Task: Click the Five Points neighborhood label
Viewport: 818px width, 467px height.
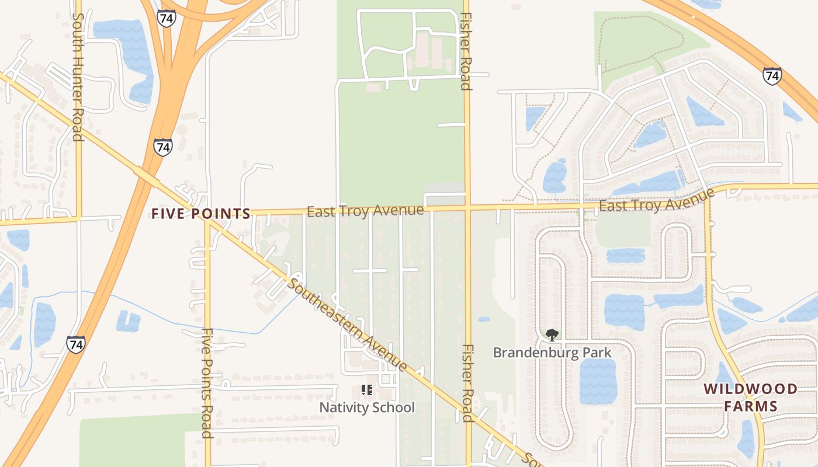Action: tap(201, 214)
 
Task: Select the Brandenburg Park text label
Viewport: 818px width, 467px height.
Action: tap(552, 353)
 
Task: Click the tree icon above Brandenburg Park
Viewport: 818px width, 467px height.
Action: tap(552, 334)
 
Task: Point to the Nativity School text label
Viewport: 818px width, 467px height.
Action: tap(367, 407)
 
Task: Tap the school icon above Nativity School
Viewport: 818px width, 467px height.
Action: tap(367, 389)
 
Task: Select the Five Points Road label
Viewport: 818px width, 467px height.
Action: tap(206, 382)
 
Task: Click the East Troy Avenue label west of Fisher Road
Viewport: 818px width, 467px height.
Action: tap(365, 211)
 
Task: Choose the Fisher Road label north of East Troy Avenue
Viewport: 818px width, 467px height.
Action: tap(466, 51)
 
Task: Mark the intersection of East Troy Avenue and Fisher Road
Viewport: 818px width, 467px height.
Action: tap(467, 207)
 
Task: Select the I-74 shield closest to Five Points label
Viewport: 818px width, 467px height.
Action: tap(163, 147)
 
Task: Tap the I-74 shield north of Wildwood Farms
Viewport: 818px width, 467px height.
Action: tap(772, 75)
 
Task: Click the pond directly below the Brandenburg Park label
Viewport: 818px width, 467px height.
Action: tap(598, 381)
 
